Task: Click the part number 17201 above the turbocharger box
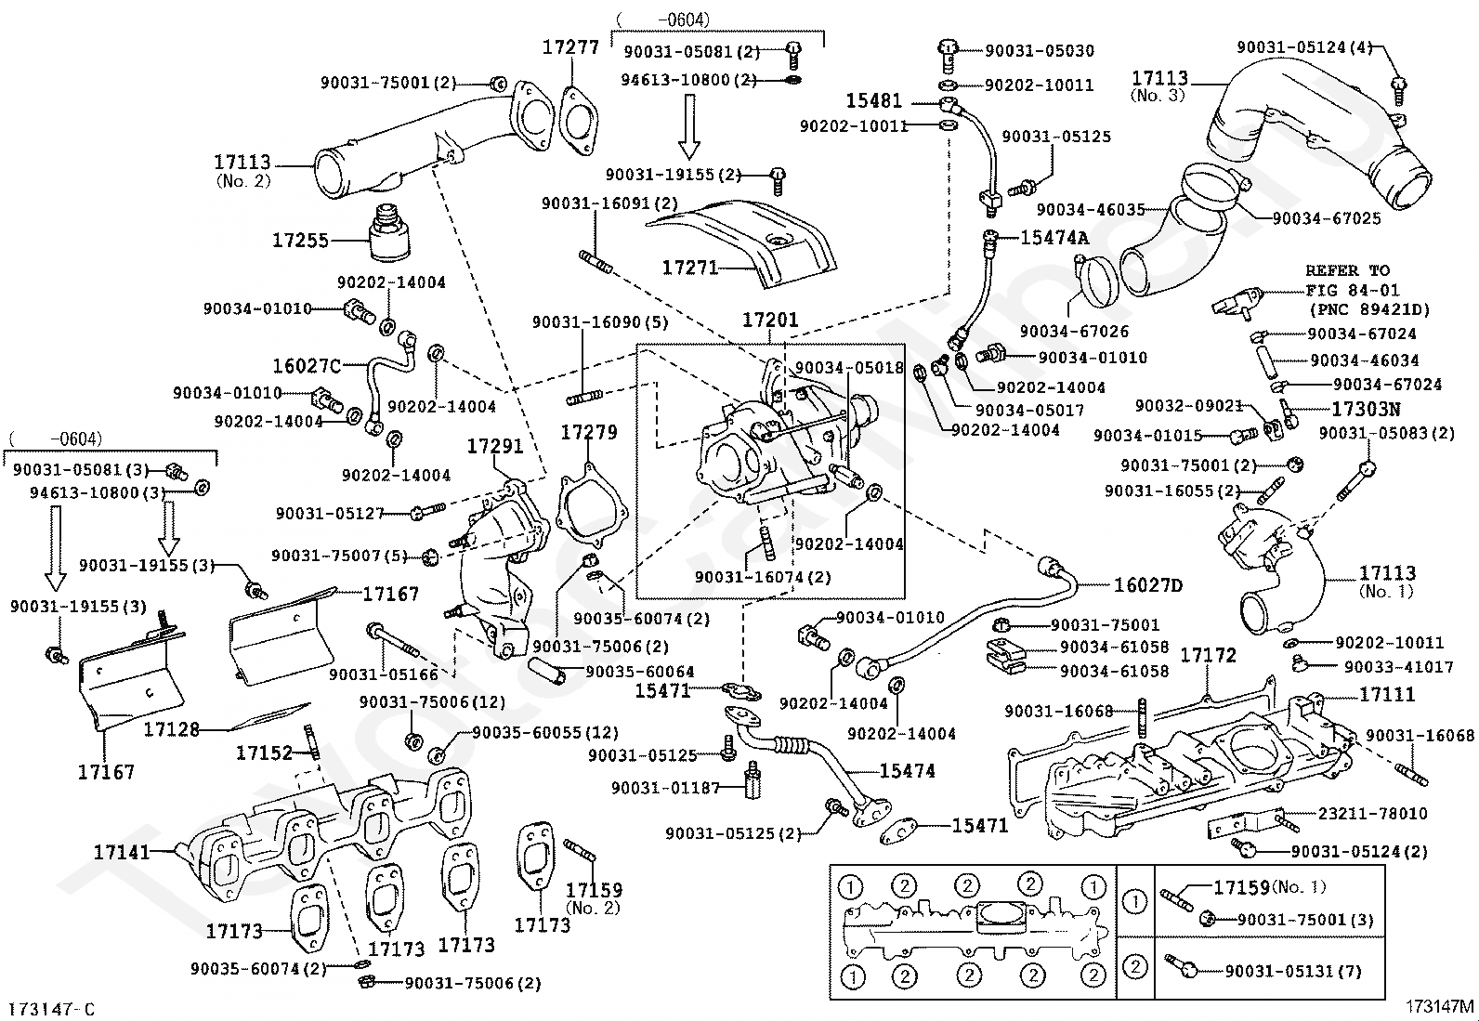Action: click(x=770, y=321)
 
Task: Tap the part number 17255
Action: click(x=300, y=241)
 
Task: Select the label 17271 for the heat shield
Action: click(x=690, y=268)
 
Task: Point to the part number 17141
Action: click(x=122, y=852)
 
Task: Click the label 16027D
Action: click(x=1148, y=585)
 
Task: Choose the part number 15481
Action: click(x=874, y=101)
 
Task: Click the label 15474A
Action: click(x=1054, y=238)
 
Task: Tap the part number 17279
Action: click(x=589, y=433)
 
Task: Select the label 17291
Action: click(x=495, y=447)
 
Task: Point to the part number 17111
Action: click(x=1387, y=694)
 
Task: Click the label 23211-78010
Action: click(x=1373, y=814)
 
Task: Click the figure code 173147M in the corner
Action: click(x=1439, y=1006)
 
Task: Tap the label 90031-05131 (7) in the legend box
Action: click(x=1293, y=972)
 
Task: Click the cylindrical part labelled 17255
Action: click(x=388, y=233)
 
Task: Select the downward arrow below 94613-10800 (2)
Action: click(x=688, y=126)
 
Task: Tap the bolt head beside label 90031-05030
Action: click(x=949, y=47)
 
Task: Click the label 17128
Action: click(x=172, y=729)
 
